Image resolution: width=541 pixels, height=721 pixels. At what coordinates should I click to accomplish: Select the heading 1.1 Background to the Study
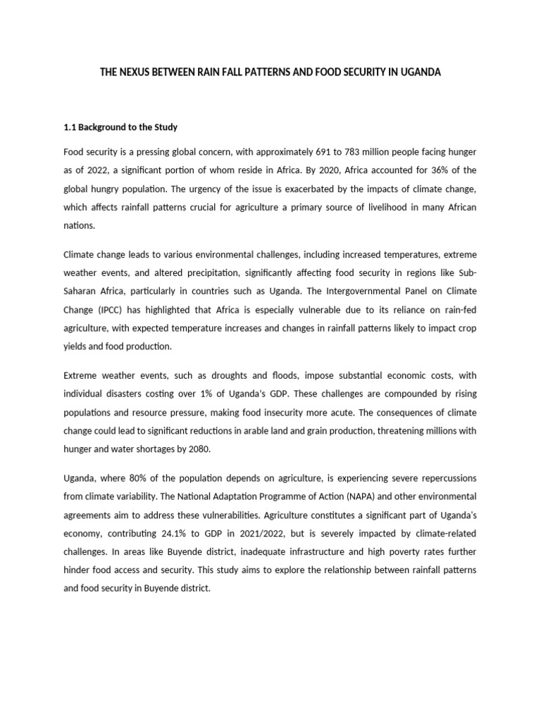point(120,127)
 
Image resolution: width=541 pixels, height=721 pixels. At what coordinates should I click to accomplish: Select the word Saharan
point(82,289)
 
